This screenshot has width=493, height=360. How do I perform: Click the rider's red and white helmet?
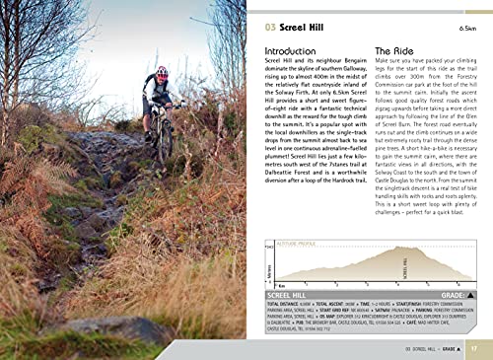pos(162,73)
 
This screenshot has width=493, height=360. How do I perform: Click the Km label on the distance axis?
pos(283,285)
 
